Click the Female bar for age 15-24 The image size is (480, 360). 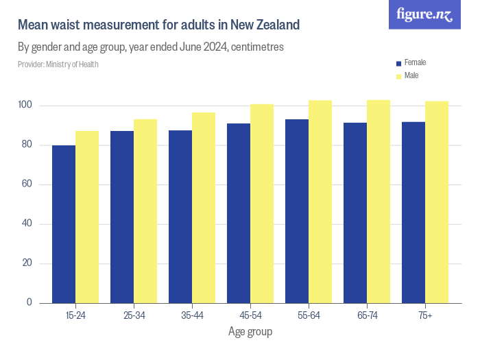[64, 224]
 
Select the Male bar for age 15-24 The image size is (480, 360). [87, 217]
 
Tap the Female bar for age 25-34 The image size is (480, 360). [122, 217]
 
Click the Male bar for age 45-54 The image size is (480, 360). [262, 204]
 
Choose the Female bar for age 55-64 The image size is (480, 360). [297, 211]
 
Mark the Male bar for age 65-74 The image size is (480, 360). [379, 202]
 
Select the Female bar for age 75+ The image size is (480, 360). [413, 213]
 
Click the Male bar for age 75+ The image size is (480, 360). [437, 202]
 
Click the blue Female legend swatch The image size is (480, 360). [398, 63]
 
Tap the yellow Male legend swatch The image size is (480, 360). [398, 76]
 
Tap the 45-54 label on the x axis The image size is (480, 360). [250, 315]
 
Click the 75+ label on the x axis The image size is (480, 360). [425, 315]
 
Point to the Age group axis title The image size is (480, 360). [250, 332]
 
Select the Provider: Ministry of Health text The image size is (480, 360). [58, 64]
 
